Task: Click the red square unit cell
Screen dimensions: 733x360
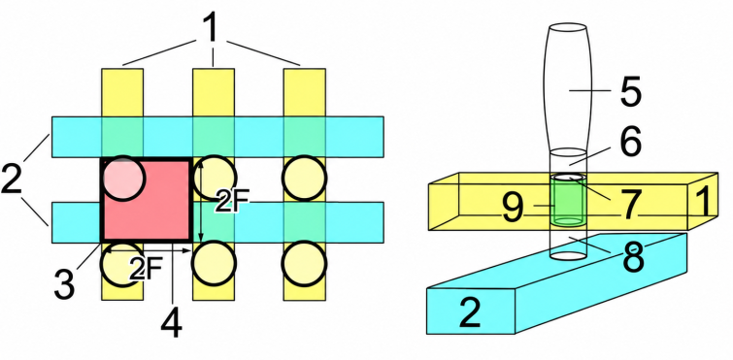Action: point(147,200)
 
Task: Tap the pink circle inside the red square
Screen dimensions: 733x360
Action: point(123,178)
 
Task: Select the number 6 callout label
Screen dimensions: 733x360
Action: point(631,142)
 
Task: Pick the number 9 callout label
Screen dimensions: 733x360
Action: point(513,208)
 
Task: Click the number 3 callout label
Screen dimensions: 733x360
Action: point(64,284)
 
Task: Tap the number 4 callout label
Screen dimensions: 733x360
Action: point(171,323)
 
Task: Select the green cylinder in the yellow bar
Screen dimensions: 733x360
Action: point(567,200)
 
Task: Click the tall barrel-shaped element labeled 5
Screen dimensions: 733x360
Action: point(567,88)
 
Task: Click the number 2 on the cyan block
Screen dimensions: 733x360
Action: point(470,312)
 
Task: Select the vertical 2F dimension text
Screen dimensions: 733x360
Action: point(232,202)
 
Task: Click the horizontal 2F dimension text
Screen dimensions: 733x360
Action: point(146,270)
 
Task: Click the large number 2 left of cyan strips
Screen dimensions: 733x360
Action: point(12,179)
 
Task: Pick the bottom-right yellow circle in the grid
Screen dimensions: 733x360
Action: point(304,263)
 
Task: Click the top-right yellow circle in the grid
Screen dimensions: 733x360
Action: point(304,178)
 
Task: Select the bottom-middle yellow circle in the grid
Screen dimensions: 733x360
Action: point(215,263)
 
